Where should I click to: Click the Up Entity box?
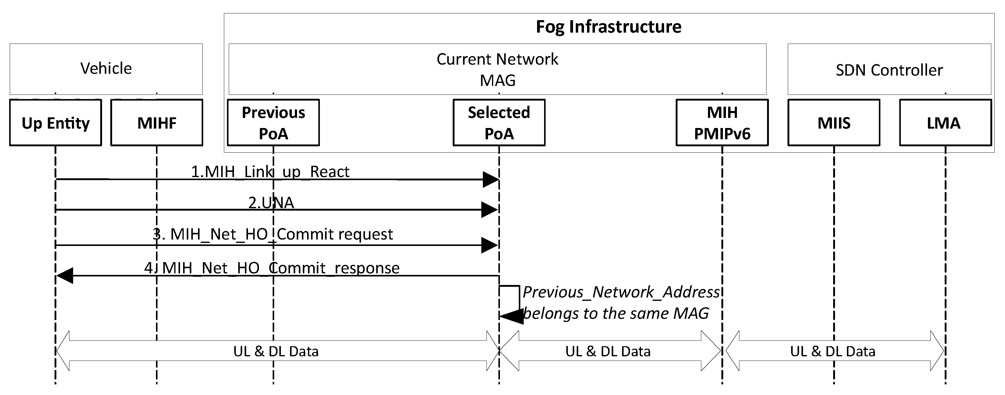(x=55, y=123)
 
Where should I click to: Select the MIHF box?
(x=157, y=123)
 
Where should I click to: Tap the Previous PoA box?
(x=273, y=123)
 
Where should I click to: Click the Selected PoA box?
(x=499, y=123)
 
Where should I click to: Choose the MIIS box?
(x=834, y=123)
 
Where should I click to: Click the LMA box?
(x=945, y=123)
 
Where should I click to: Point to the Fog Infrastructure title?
(x=608, y=27)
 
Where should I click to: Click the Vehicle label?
(x=106, y=68)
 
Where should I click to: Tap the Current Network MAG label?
(x=497, y=69)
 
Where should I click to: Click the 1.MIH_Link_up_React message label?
(x=270, y=172)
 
